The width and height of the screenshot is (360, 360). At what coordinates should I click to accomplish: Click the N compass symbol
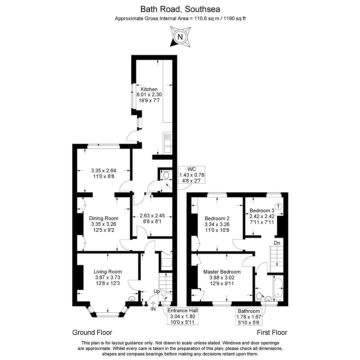180,37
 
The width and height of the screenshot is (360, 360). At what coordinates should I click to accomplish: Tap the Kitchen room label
149,89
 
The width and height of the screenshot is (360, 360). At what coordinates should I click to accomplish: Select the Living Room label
108,272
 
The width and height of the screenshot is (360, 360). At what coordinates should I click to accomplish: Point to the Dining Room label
104,218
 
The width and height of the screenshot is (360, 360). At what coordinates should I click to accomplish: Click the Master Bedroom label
222,272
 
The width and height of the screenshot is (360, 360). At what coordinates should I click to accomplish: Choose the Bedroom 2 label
217,218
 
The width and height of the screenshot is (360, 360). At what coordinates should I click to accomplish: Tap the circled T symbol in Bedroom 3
278,206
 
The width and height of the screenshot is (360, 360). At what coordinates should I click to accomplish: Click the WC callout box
192,175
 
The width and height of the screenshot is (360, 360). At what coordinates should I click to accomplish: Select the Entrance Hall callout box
183,316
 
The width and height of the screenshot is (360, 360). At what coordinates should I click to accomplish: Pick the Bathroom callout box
249,317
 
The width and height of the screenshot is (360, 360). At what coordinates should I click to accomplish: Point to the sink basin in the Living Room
132,299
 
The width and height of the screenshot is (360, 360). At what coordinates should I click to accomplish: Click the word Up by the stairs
157,291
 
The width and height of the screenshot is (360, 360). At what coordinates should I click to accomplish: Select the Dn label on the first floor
277,243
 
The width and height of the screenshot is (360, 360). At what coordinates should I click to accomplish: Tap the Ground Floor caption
92,332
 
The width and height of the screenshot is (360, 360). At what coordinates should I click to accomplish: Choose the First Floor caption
272,332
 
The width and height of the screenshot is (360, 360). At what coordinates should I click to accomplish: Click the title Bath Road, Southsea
180,9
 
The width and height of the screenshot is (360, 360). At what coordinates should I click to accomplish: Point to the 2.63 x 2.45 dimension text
152,216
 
